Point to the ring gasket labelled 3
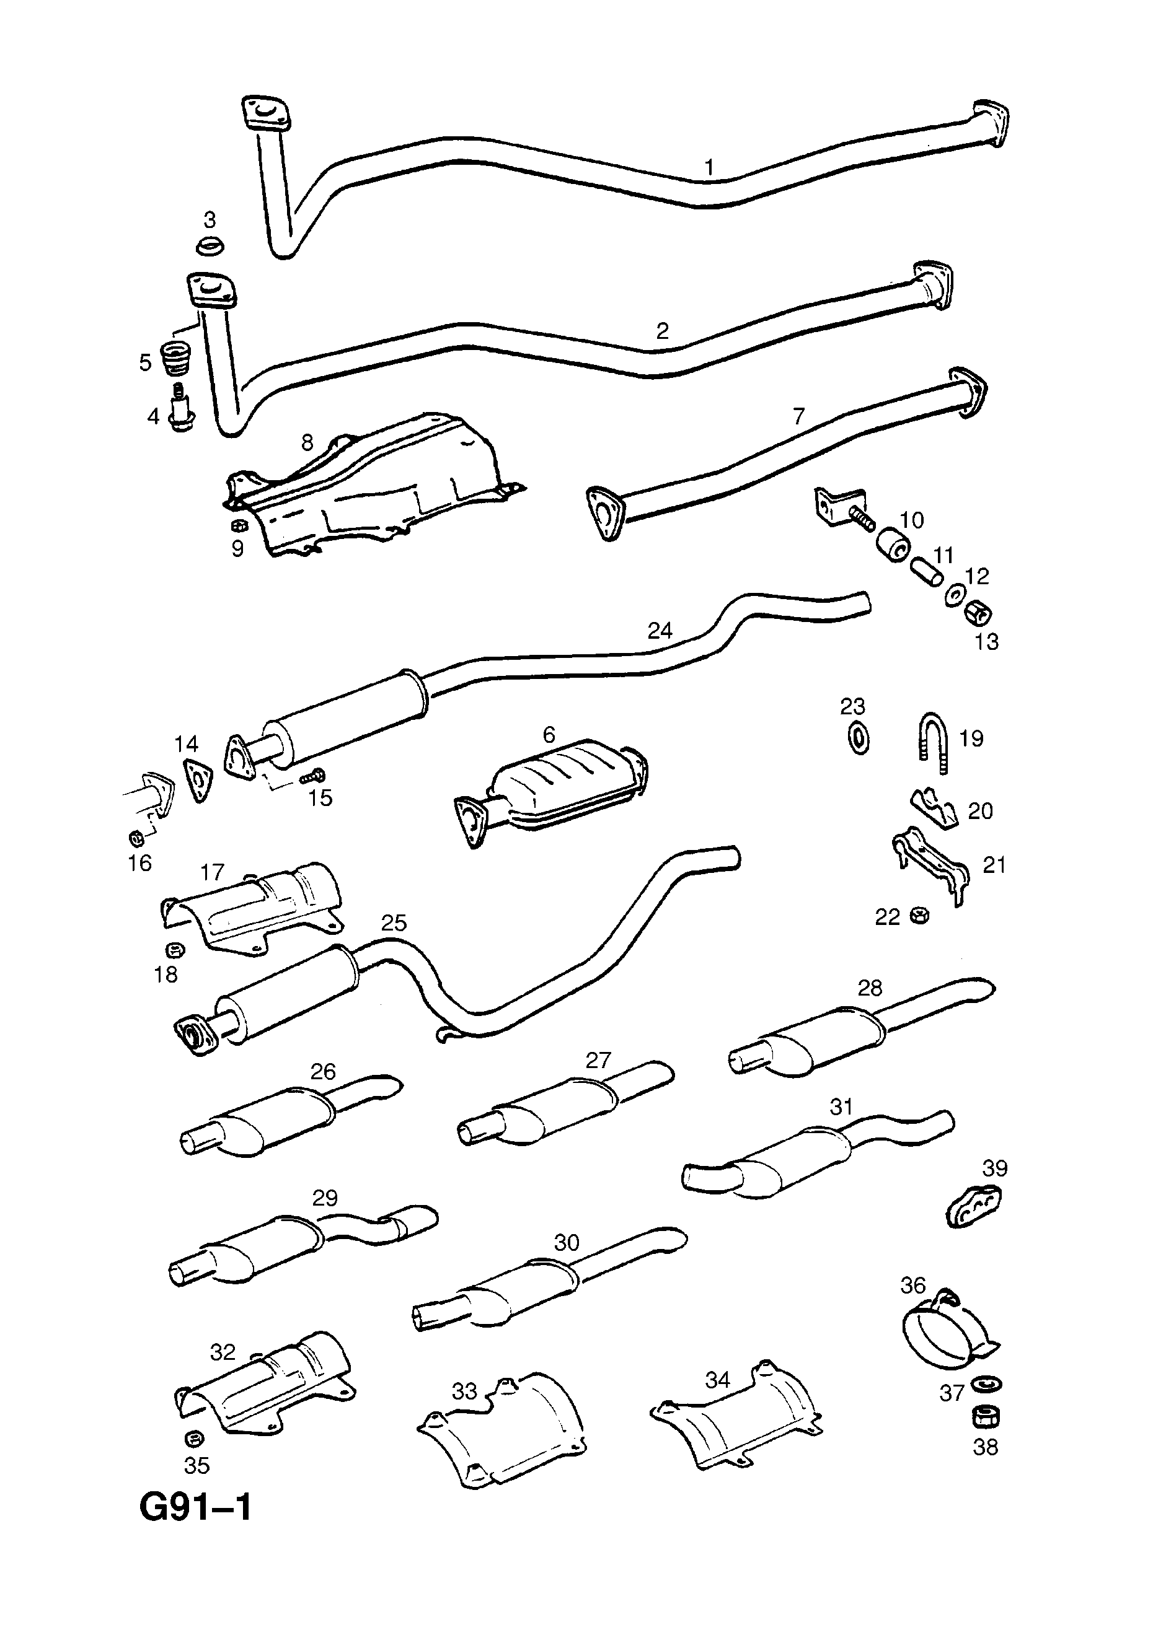click(210, 247)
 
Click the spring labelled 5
click(174, 358)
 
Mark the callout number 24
click(660, 631)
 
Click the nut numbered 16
click(137, 839)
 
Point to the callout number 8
click(307, 442)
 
